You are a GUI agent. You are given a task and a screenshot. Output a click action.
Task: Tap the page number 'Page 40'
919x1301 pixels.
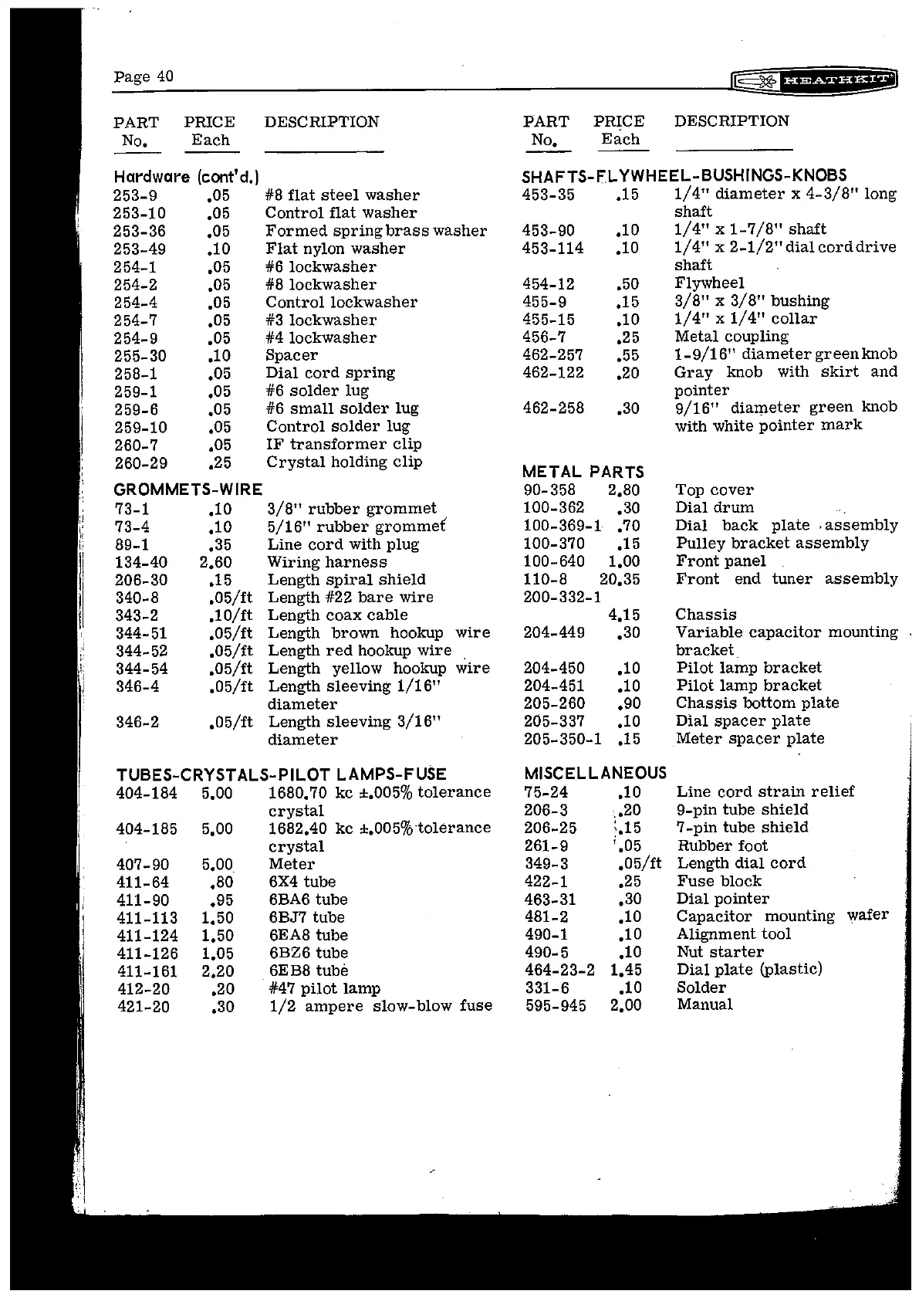click(144, 76)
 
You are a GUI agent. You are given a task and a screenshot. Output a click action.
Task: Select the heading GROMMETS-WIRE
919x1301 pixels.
click(188, 490)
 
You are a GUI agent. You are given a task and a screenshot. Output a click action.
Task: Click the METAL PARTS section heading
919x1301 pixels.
click(583, 472)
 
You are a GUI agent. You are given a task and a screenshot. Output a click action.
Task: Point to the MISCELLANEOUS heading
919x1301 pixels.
click(595, 773)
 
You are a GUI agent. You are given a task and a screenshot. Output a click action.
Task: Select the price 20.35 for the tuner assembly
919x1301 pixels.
click(620, 579)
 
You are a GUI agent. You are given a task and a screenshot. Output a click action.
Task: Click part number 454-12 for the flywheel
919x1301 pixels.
click(549, 283)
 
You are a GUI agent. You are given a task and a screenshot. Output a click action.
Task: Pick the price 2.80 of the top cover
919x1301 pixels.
click(623, 490)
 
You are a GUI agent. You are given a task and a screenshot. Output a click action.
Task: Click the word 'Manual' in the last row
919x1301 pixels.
click(704, 1005)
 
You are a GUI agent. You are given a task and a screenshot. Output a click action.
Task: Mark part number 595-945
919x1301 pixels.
click(556, 1005)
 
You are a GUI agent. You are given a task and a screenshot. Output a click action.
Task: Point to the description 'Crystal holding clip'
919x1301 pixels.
click(344, 462)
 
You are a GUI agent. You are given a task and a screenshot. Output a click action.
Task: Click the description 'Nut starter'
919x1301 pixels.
click(720, 952)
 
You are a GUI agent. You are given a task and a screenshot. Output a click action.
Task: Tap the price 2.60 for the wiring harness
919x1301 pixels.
click(215, 562)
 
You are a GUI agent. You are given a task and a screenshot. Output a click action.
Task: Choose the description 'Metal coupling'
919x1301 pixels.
click(731, 337)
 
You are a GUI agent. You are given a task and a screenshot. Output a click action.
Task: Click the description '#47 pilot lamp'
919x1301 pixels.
click(324, 988)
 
